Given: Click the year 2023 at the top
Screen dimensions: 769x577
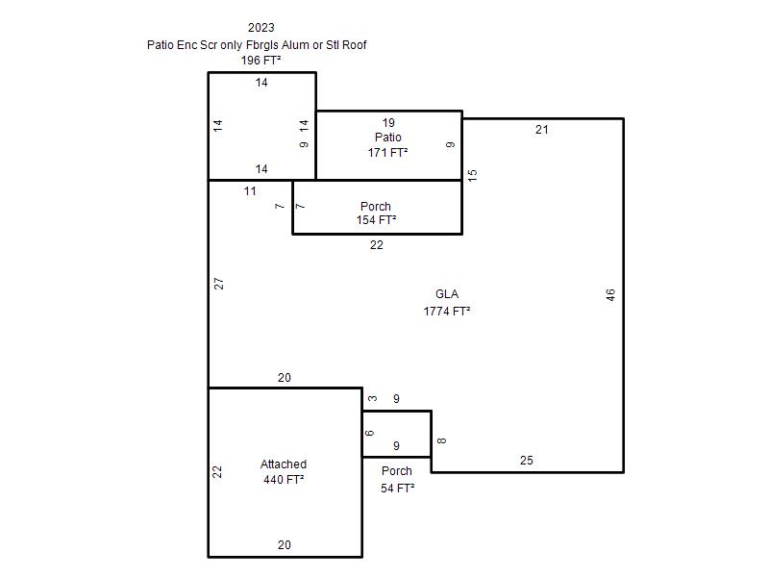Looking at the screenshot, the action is click(260, 28).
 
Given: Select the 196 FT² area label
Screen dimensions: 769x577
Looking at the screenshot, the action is click(260, 61).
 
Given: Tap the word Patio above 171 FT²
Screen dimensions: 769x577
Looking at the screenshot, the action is click(388, 137).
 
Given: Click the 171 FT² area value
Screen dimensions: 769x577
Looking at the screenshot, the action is click(388, 153).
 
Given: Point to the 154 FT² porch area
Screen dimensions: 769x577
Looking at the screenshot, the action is click(376, 220).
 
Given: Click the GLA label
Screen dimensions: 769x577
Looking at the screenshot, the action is click(447, 294).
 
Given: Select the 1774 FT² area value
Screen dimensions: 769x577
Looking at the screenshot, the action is click(447, 311).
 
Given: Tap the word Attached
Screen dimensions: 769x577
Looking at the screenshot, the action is click(284, 464).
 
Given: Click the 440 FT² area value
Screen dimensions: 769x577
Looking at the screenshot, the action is click(284, 479).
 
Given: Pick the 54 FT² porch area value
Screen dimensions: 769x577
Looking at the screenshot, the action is click(397, 489).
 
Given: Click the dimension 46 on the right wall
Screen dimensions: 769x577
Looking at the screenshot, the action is click(610, 295).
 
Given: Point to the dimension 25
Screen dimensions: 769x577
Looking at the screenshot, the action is click(526, 461).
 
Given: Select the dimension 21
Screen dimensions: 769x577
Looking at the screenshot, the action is click(541, 130).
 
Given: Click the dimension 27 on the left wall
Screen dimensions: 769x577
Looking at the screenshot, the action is click(219, 284).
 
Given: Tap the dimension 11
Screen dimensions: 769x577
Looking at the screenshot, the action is click(250, 191).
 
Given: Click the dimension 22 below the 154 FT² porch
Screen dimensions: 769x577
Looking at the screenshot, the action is click(376, 245).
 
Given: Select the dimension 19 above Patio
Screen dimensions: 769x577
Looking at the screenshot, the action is click(388, 123).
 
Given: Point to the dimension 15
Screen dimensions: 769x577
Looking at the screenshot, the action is click(472, 175).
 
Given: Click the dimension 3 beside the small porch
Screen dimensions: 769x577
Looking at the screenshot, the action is click(373, 398).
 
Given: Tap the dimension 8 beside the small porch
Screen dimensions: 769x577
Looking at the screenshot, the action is click(441, 440).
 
